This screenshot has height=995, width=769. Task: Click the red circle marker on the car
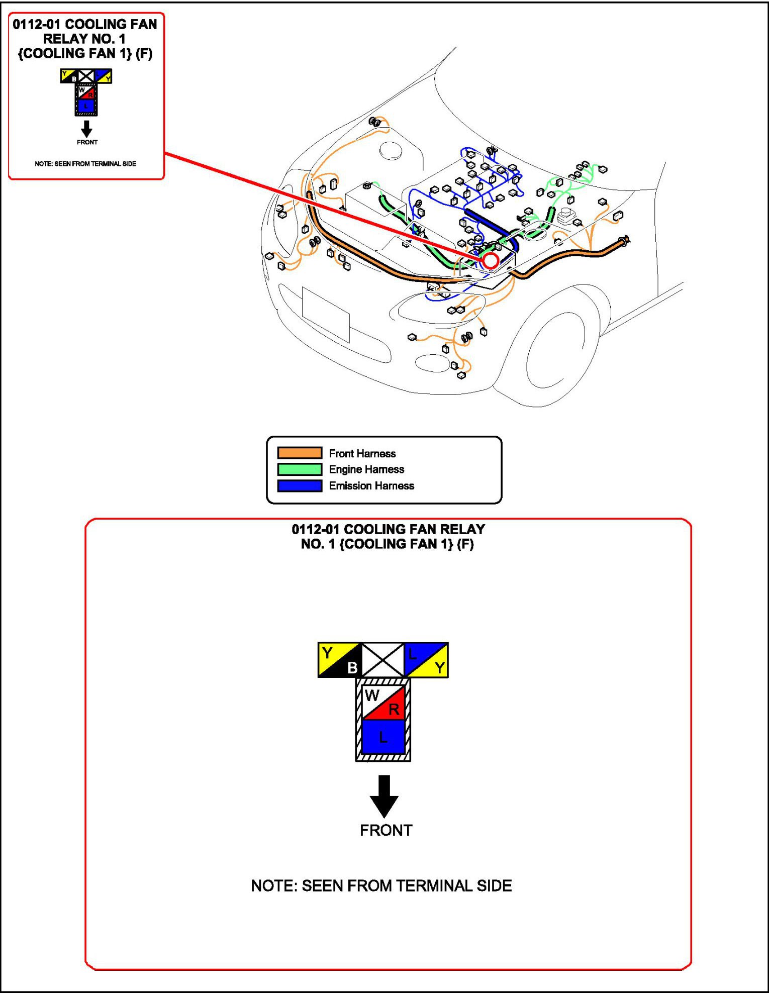click(491, 261)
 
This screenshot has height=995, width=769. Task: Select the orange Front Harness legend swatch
click(300, 453)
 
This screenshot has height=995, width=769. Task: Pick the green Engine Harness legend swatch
click(300, 469)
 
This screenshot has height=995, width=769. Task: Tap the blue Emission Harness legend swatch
click(300, 485)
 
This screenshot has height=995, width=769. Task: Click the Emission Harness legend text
click(371, 485)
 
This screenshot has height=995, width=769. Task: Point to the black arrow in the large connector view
click(384, 795)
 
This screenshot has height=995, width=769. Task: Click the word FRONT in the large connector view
click(386, 830)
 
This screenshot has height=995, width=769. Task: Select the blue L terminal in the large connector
click(383, 737)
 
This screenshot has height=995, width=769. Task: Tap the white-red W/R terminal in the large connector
click(383, 703)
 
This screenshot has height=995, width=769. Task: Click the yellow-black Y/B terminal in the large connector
click(340, 660)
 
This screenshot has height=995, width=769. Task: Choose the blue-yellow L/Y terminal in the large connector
click(426, 660)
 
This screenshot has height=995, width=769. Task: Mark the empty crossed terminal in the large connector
click(383, 660)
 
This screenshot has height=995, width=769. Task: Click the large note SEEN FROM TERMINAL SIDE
click(381, 885)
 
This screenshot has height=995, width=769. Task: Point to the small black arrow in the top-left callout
click(86, 129)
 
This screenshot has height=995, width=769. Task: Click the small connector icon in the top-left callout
click(86, 92)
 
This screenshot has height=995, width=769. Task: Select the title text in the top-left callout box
click(85, 39)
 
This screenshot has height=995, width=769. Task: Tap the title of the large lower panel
click(388, 536)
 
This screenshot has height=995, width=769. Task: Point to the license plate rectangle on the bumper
click(326, 315)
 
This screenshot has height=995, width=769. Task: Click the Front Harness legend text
click(362, 453)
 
